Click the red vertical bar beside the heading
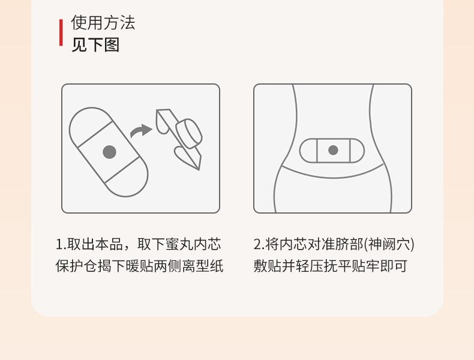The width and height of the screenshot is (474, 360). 61,32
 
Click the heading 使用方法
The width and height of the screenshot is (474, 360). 103,23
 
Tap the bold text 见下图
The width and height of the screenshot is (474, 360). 95,45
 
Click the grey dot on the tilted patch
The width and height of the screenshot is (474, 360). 109,152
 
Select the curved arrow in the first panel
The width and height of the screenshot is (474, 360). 141,130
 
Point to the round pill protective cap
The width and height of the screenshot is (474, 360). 188,133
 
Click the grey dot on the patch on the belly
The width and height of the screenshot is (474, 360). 333,150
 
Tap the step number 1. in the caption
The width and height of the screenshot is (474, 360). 61,245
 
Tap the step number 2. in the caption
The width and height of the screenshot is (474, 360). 259,245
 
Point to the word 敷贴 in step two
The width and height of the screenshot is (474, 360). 268,266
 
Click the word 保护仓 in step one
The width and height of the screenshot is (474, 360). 76,266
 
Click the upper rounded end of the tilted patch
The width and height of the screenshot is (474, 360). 87,121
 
